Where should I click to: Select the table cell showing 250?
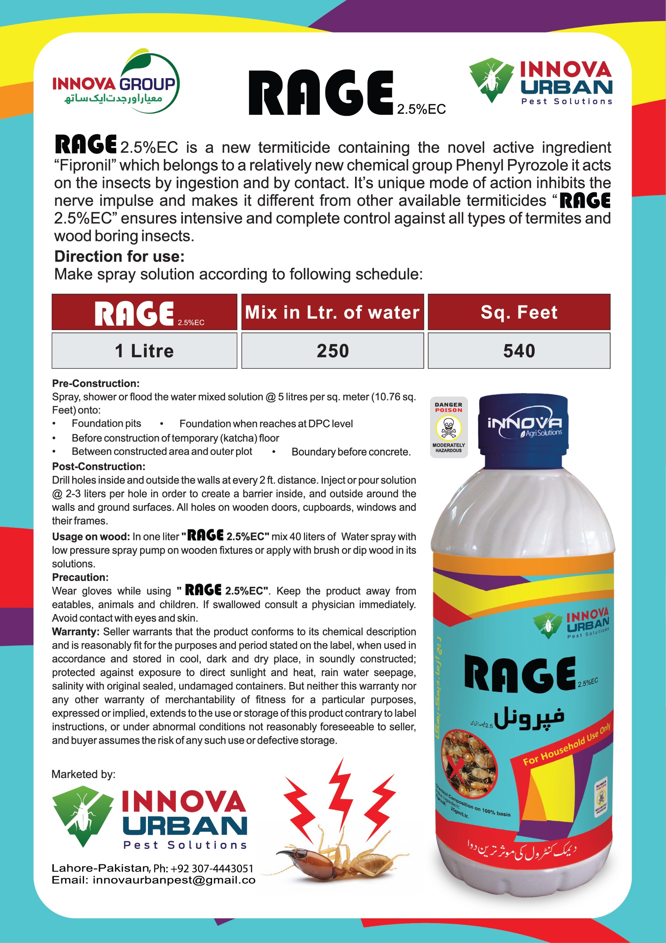tap(332, 351)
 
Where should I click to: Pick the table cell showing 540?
tap(519, 351)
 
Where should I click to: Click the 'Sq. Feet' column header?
tap(519, 312)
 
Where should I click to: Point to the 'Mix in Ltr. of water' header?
tap(332, 312)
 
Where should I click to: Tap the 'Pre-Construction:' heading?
tap(96, 383)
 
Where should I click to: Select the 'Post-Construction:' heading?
tap(99, 466)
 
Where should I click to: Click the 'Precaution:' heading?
tap(80, 577)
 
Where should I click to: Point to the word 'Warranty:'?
tap(75, 631)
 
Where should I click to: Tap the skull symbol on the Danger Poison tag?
tap(448, 428)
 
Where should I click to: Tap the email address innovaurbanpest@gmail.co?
tap(174, 880)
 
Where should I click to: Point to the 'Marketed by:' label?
tap(83, 774)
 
